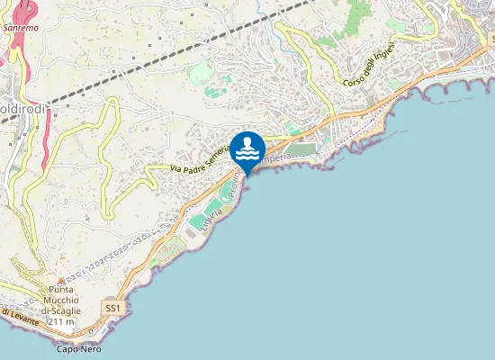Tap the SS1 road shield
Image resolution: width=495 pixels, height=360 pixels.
[x=112, y=308]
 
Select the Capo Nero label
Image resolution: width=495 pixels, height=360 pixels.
[x=78, y=349]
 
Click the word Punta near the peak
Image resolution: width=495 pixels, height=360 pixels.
[x=62, y=290]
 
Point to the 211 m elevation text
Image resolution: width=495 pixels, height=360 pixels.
[x=61, y=321]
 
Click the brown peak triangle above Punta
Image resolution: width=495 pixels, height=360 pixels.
[x=62, y=279]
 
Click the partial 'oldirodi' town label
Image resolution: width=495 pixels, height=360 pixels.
[x=23, y=109]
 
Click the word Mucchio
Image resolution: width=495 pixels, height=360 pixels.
[x=62, y=301]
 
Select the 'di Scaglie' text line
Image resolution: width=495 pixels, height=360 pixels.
[x=62, y=310]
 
